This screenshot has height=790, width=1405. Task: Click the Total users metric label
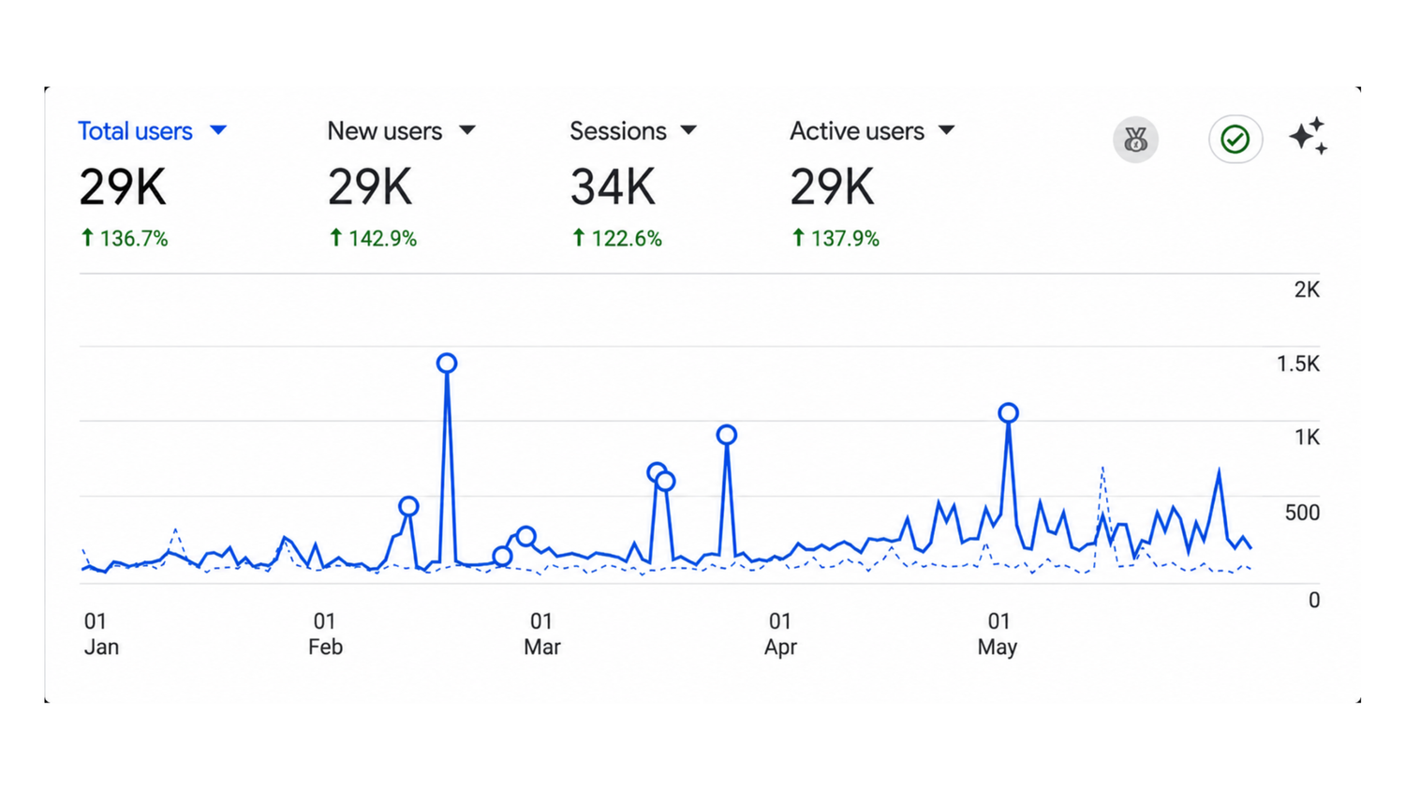click(135, 131)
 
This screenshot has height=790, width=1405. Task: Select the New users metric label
click(384, 131)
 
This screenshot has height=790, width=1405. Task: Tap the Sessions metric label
click(618, 131)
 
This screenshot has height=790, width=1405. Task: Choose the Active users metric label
click(857, 131)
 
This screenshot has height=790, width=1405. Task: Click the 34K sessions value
click(613, 187)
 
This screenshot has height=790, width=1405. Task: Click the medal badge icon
click(1135, 140)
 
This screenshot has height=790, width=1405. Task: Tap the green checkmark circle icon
click(1235, 140)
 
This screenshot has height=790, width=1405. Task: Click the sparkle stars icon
click(1309, 136)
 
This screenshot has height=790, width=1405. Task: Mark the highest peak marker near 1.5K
click(447, 363)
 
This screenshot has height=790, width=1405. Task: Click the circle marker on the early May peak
click(1008, 413)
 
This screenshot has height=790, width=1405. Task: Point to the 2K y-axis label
click(1307, 290)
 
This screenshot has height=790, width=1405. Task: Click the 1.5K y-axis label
click(1297, 364)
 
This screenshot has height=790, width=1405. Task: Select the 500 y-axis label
click(1302, 513)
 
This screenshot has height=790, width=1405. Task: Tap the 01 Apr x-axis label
click(780, 633)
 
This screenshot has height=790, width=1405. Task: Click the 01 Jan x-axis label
click(101, 633)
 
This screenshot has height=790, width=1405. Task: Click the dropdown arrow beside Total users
click(218, 130)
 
